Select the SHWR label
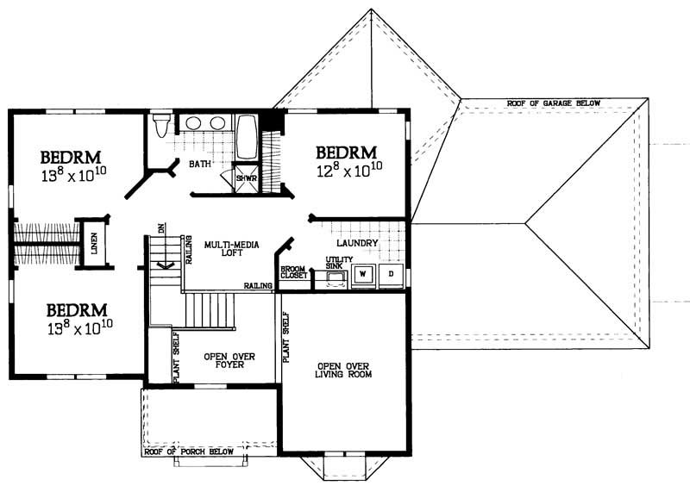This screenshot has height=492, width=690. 247,178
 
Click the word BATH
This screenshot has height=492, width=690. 200,164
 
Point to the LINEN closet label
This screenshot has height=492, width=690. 94,243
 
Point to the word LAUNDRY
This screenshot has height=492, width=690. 357,244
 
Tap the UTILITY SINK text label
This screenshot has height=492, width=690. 335,262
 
